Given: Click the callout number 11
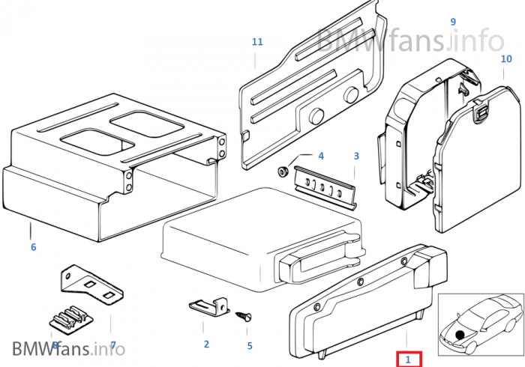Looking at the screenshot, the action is (x=257, y=42).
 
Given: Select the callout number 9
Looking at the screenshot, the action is (x=453, y=22).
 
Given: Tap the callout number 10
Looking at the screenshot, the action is (x=506, y=59).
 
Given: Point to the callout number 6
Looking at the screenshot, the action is (x=34, y=247).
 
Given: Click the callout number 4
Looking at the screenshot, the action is (x=321, y=156).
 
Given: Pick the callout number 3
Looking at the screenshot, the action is (x=356, y=156).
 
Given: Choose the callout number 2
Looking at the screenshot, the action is (x=206, y=344).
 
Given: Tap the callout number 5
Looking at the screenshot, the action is (x=250, y=345).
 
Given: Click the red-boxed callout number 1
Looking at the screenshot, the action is (x=408, y=360).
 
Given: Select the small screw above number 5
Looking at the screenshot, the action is (x=244, y=316).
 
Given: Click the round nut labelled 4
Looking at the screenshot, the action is (x=283, y=172).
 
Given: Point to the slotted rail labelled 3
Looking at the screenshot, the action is (x=325, y=188).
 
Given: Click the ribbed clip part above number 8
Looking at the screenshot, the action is (x=71, y=320).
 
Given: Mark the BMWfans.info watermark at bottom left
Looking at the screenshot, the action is (x=69, y=348).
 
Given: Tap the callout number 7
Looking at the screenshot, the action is (x=113, y=345).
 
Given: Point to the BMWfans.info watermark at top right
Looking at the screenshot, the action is (x=409, y=40).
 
